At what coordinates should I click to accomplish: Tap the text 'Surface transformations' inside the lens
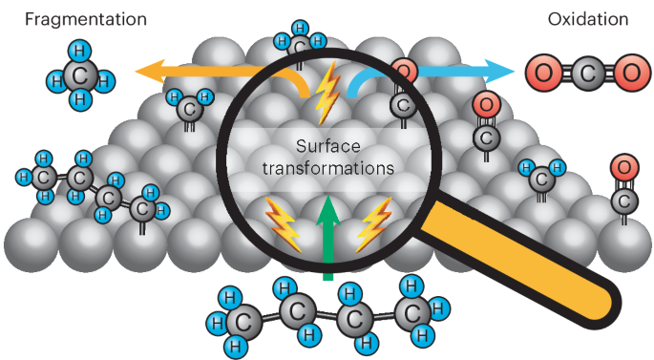pyautogui.click(x=329, y=158)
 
